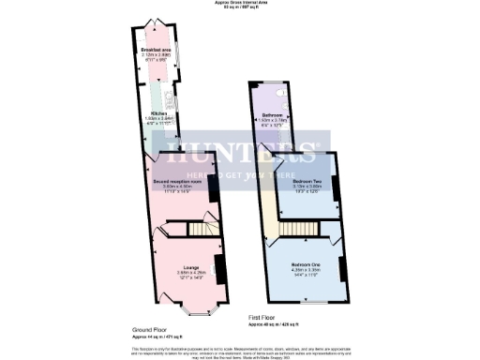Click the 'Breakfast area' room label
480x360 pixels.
[156, 49]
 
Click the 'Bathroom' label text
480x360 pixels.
[273, 115]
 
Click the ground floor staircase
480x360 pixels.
[200, 230]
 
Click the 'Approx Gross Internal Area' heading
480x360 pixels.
[240, 4]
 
